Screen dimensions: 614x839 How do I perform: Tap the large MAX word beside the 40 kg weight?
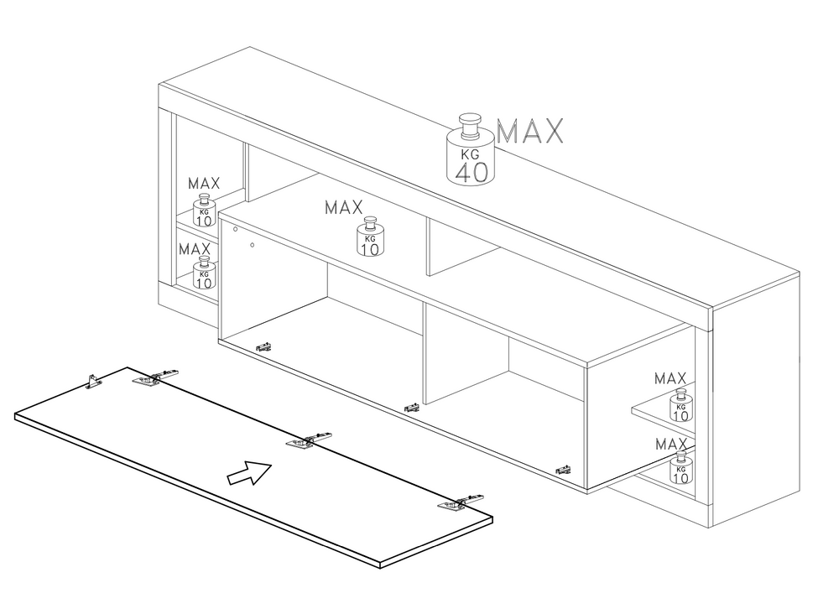530,132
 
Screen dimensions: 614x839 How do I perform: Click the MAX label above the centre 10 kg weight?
344,206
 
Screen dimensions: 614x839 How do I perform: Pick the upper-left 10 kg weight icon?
204,211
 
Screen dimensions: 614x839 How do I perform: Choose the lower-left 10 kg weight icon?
204,272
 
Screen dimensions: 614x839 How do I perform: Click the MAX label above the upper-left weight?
204,183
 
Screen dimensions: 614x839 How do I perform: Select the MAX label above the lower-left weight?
194,249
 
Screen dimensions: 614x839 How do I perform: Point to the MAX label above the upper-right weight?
670,378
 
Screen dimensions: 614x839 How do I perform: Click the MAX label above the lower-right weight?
670,443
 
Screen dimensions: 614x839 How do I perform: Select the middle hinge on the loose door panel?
307,440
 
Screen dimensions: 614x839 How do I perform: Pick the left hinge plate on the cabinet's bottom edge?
264,346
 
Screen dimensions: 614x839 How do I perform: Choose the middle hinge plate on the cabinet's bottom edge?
412,408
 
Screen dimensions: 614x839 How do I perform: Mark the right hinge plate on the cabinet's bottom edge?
563,470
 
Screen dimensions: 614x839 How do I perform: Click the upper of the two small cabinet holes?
236,229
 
